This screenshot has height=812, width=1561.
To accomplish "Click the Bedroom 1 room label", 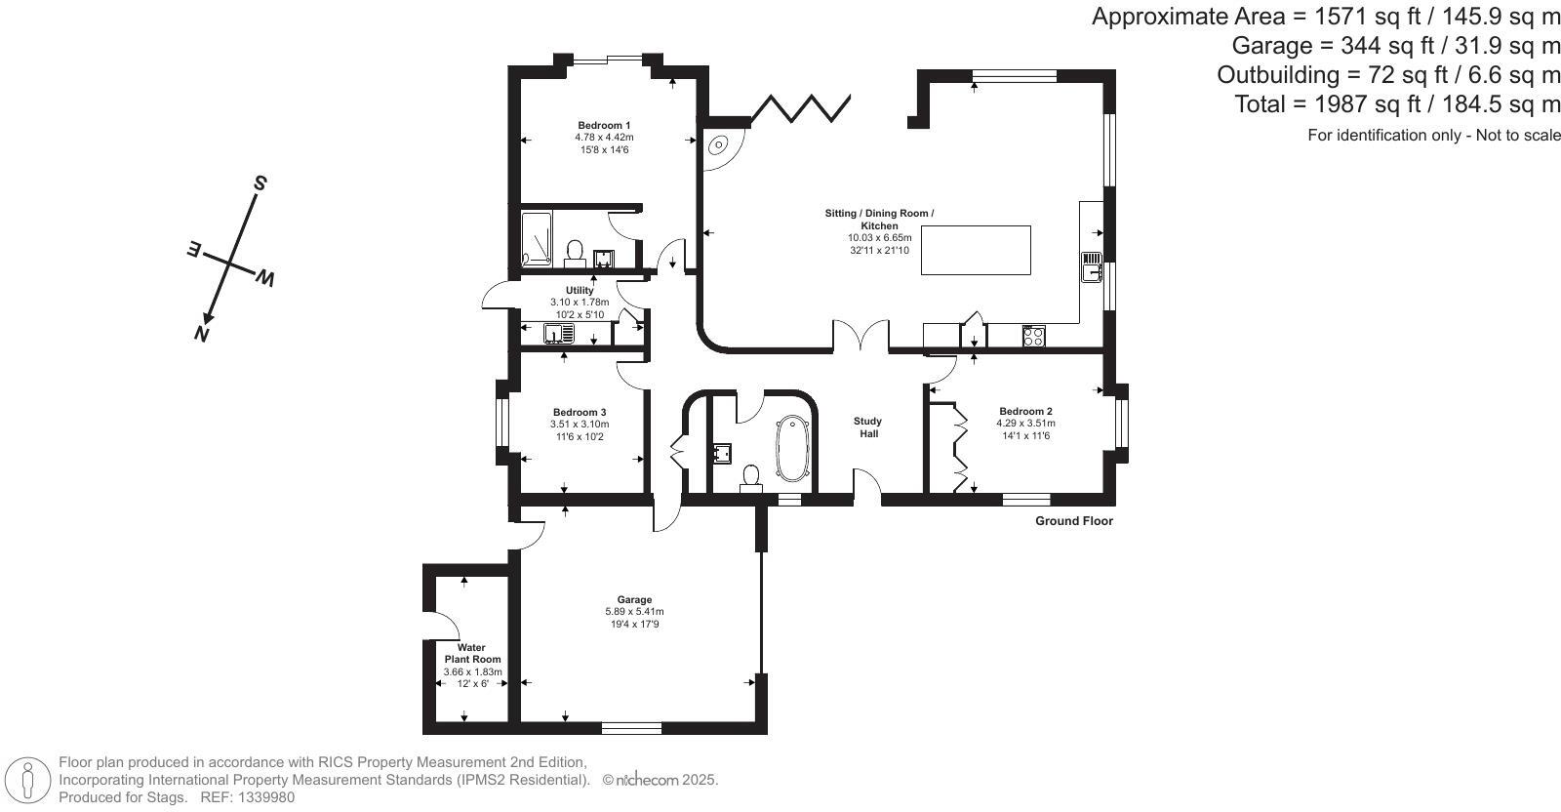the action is [604, 126].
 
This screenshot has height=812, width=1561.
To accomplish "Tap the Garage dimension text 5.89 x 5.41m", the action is [634, 612].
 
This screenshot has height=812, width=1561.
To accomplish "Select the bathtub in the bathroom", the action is [792, 448].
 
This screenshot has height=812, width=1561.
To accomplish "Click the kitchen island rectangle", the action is [976, 250].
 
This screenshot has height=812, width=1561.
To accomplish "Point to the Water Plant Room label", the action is [472, 653].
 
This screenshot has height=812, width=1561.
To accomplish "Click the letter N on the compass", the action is [201, 335].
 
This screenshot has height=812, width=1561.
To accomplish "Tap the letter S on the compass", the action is [260, 183].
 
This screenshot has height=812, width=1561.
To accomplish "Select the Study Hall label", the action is [868, 427].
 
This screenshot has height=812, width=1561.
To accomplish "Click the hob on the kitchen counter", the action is [1033, 337].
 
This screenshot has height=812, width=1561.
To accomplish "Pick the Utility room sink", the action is [559, 334].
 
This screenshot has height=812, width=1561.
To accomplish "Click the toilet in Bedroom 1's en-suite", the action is [575, 255].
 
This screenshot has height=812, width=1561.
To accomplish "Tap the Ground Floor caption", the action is [1074, 520].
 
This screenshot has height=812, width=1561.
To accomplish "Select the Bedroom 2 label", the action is [1025, 411].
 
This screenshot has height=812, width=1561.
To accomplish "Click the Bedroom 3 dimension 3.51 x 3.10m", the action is [580, 425].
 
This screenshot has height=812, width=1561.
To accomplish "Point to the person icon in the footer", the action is [28, 780].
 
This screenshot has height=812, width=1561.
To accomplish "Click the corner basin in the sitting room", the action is [718, 145].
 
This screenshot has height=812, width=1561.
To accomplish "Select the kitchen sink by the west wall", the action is [1092, 267].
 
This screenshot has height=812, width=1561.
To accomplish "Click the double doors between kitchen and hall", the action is [861, 335].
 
